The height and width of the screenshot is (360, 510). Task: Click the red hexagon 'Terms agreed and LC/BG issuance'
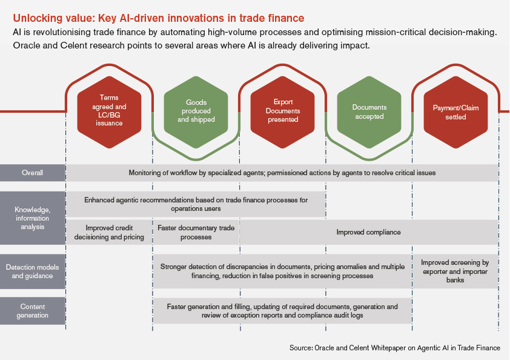110,110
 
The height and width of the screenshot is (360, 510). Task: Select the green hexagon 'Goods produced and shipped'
196,111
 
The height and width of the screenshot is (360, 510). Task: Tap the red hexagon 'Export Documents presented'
282,110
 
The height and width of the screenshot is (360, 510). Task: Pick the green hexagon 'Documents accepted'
369,112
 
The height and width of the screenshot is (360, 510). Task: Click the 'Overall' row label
33,173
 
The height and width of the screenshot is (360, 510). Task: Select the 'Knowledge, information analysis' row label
33,218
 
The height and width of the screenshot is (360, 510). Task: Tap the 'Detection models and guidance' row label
33,271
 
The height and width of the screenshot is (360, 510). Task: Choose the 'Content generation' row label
33,310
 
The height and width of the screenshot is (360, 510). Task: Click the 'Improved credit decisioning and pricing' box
109,232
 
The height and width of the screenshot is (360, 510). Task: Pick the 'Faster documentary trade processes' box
196,232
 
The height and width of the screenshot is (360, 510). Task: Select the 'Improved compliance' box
369,232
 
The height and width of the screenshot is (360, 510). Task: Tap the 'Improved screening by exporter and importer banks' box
455,271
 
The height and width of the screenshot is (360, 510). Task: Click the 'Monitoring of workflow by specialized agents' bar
282,173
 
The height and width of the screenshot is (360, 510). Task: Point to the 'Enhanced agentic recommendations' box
196,204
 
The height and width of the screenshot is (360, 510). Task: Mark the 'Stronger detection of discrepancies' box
282,271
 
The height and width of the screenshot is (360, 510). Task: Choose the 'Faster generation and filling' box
282,310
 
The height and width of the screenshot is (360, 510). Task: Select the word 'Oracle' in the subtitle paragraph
26,46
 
